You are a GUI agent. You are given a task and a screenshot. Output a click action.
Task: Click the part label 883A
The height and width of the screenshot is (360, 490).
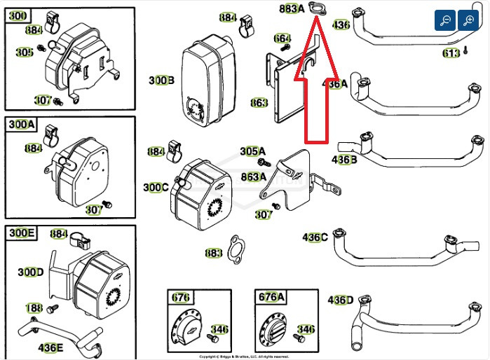(292, 8)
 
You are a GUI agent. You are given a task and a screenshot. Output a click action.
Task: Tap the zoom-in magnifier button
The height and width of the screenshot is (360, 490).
(468, 20)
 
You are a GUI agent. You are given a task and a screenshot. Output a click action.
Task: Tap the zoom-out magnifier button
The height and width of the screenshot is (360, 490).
(444, 20)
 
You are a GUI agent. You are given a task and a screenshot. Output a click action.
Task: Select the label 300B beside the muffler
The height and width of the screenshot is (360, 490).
(162, 81)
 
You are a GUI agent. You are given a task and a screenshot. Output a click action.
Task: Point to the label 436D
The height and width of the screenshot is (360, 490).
(341, 300)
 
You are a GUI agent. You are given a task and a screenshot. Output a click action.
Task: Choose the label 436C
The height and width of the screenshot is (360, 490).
(315, 237)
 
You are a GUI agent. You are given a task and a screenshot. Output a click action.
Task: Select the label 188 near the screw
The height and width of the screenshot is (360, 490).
(34, 307)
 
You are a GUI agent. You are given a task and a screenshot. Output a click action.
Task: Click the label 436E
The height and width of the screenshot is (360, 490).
(50, 347)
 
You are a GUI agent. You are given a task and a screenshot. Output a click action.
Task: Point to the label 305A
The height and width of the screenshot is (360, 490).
(252, 151)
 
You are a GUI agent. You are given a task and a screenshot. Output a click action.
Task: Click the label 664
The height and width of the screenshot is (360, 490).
(282, 39)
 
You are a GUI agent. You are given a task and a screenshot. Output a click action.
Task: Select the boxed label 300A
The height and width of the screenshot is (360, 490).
(22, 124)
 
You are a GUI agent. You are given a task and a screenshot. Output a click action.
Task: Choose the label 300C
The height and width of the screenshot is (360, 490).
(156, 187)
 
